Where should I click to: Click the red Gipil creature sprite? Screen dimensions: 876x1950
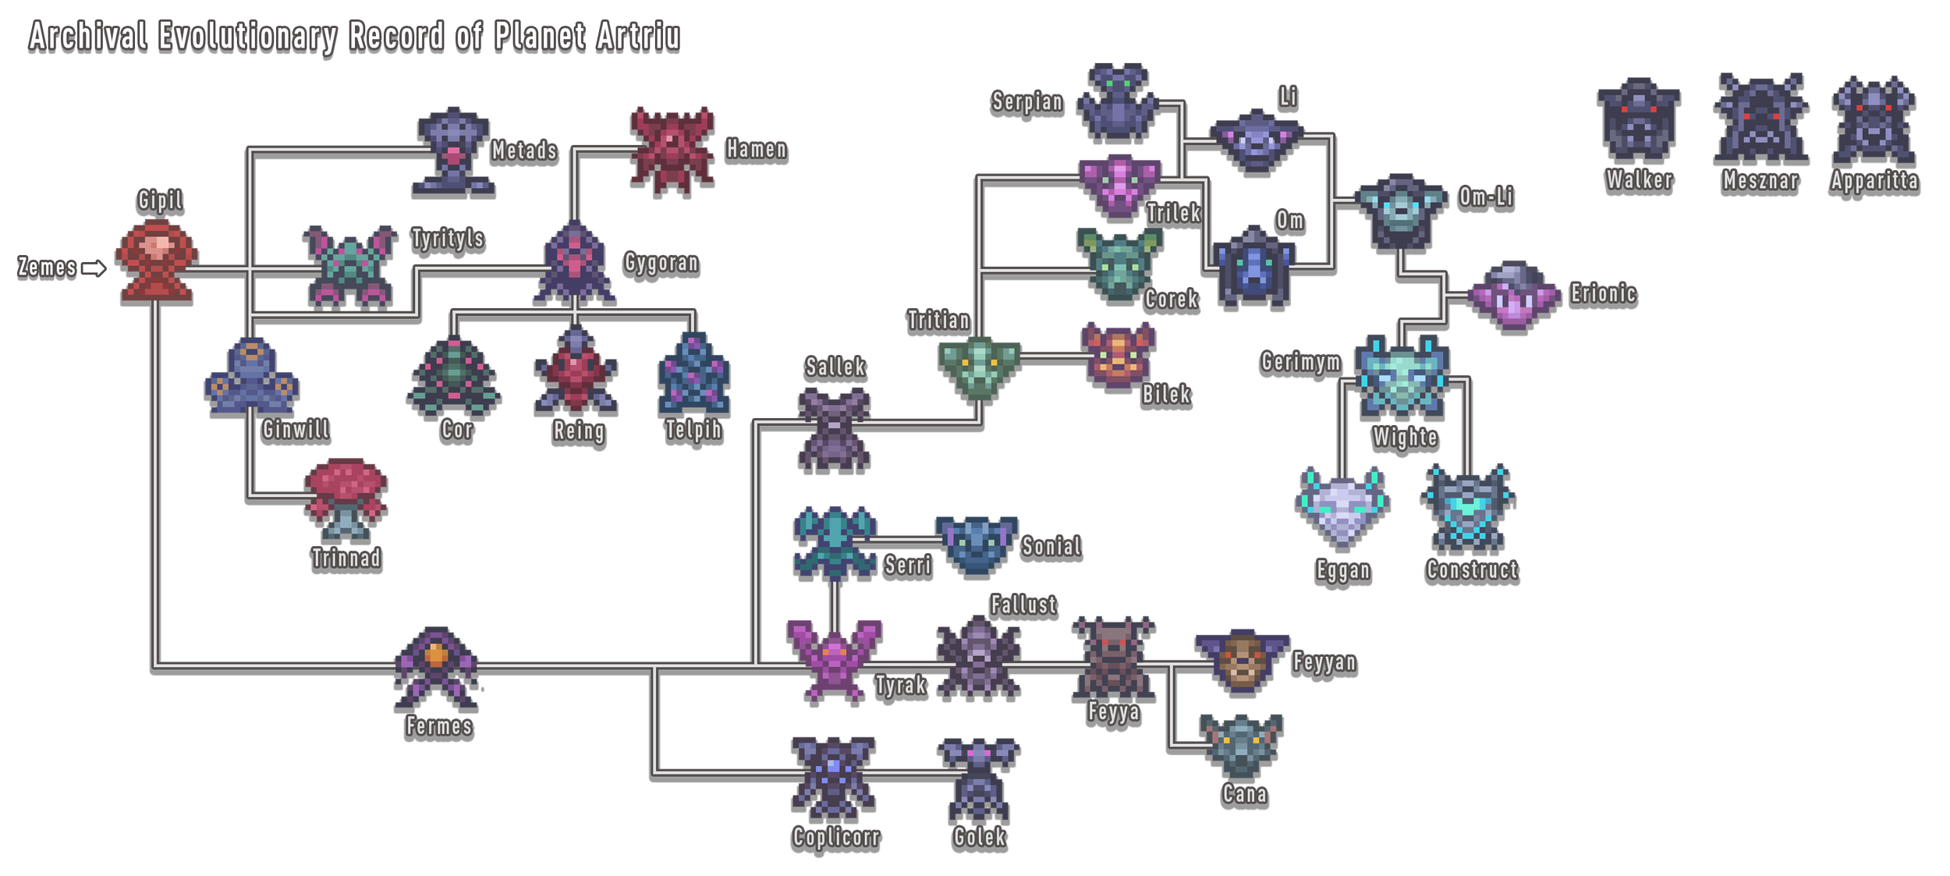(x=157, y=260)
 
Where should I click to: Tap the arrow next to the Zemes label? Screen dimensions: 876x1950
(x=94, y=268)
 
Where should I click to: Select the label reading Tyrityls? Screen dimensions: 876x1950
(x=448, y=238)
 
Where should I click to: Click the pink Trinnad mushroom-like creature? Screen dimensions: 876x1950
(x=346, y=498)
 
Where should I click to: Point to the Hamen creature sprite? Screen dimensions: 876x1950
(x=672, y=149)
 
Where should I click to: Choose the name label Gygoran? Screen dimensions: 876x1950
(x=661, y=263)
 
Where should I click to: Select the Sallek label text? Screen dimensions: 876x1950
(x=835, y=367)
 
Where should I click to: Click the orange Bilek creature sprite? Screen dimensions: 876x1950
(x=1118, y=355)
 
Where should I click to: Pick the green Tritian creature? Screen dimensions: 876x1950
(x=979, y=367)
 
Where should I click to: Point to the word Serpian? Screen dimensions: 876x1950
(x=1026, y=102)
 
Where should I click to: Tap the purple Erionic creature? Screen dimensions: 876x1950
(x=1513, y=296)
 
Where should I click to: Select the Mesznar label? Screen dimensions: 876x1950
(x=1760, y=181)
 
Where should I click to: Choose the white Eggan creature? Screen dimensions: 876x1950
(x=1342, y=505)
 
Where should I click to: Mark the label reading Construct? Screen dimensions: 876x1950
(x=1472, y=570)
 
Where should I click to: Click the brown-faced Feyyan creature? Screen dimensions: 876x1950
(x=1242, y=661)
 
